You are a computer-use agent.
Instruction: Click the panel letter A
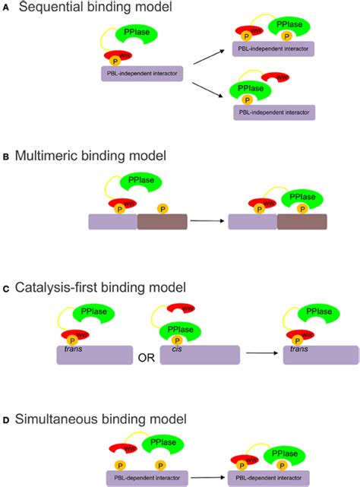click(x=6, y=8)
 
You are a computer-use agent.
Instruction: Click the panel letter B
click(x=6, y=157)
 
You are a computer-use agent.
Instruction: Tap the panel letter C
click(x=6, y=288)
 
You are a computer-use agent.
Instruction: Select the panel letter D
click(x=6, y=419)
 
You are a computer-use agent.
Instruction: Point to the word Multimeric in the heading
click(x=51, y=157)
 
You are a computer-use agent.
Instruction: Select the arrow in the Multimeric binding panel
click(x=207, y=221)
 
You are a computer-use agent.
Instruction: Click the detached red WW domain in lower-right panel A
click(x=274, y=77)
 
